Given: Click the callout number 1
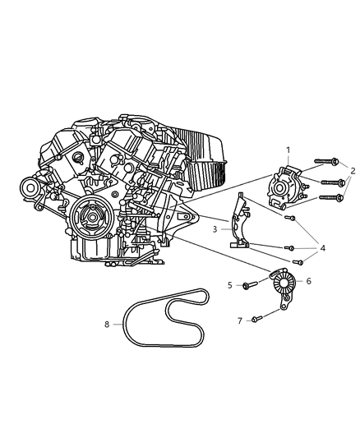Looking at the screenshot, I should coord(288,150).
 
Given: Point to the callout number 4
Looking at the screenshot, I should coord(323,247).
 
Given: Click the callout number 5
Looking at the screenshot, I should coord(230,285).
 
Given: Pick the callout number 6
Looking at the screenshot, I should coord(308,281).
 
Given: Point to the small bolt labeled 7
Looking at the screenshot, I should coord(256,318).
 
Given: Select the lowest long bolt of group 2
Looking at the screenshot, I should coord(330,198).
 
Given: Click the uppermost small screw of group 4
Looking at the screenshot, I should coord(290,218).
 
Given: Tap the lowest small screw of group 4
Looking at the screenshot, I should coord(299,262).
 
